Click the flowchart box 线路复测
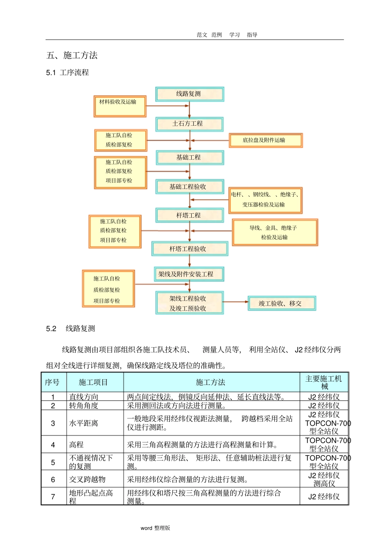click(x=189, y=94)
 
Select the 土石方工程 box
click(x=189, y=124)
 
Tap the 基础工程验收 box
click(x=189, y=187)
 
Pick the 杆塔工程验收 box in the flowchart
click(x=189, y=249)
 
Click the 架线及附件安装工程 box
click(x=189, y=274)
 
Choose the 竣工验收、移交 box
click(x=282, y=303)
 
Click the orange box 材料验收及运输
click(x=120, y=106)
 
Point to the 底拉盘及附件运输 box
click(x=265, y=140)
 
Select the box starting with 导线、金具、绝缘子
click(x=275, y=233)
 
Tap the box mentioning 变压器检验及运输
click(x=265, y=200)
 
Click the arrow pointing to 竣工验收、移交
click(x=236, y=302)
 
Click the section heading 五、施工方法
click(x=72, y=55)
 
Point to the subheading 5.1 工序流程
click(x=67, y=73)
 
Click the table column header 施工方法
click(x=211, y=382)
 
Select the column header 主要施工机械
click(x=324, y=382)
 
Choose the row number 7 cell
click(x=53, y=497)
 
